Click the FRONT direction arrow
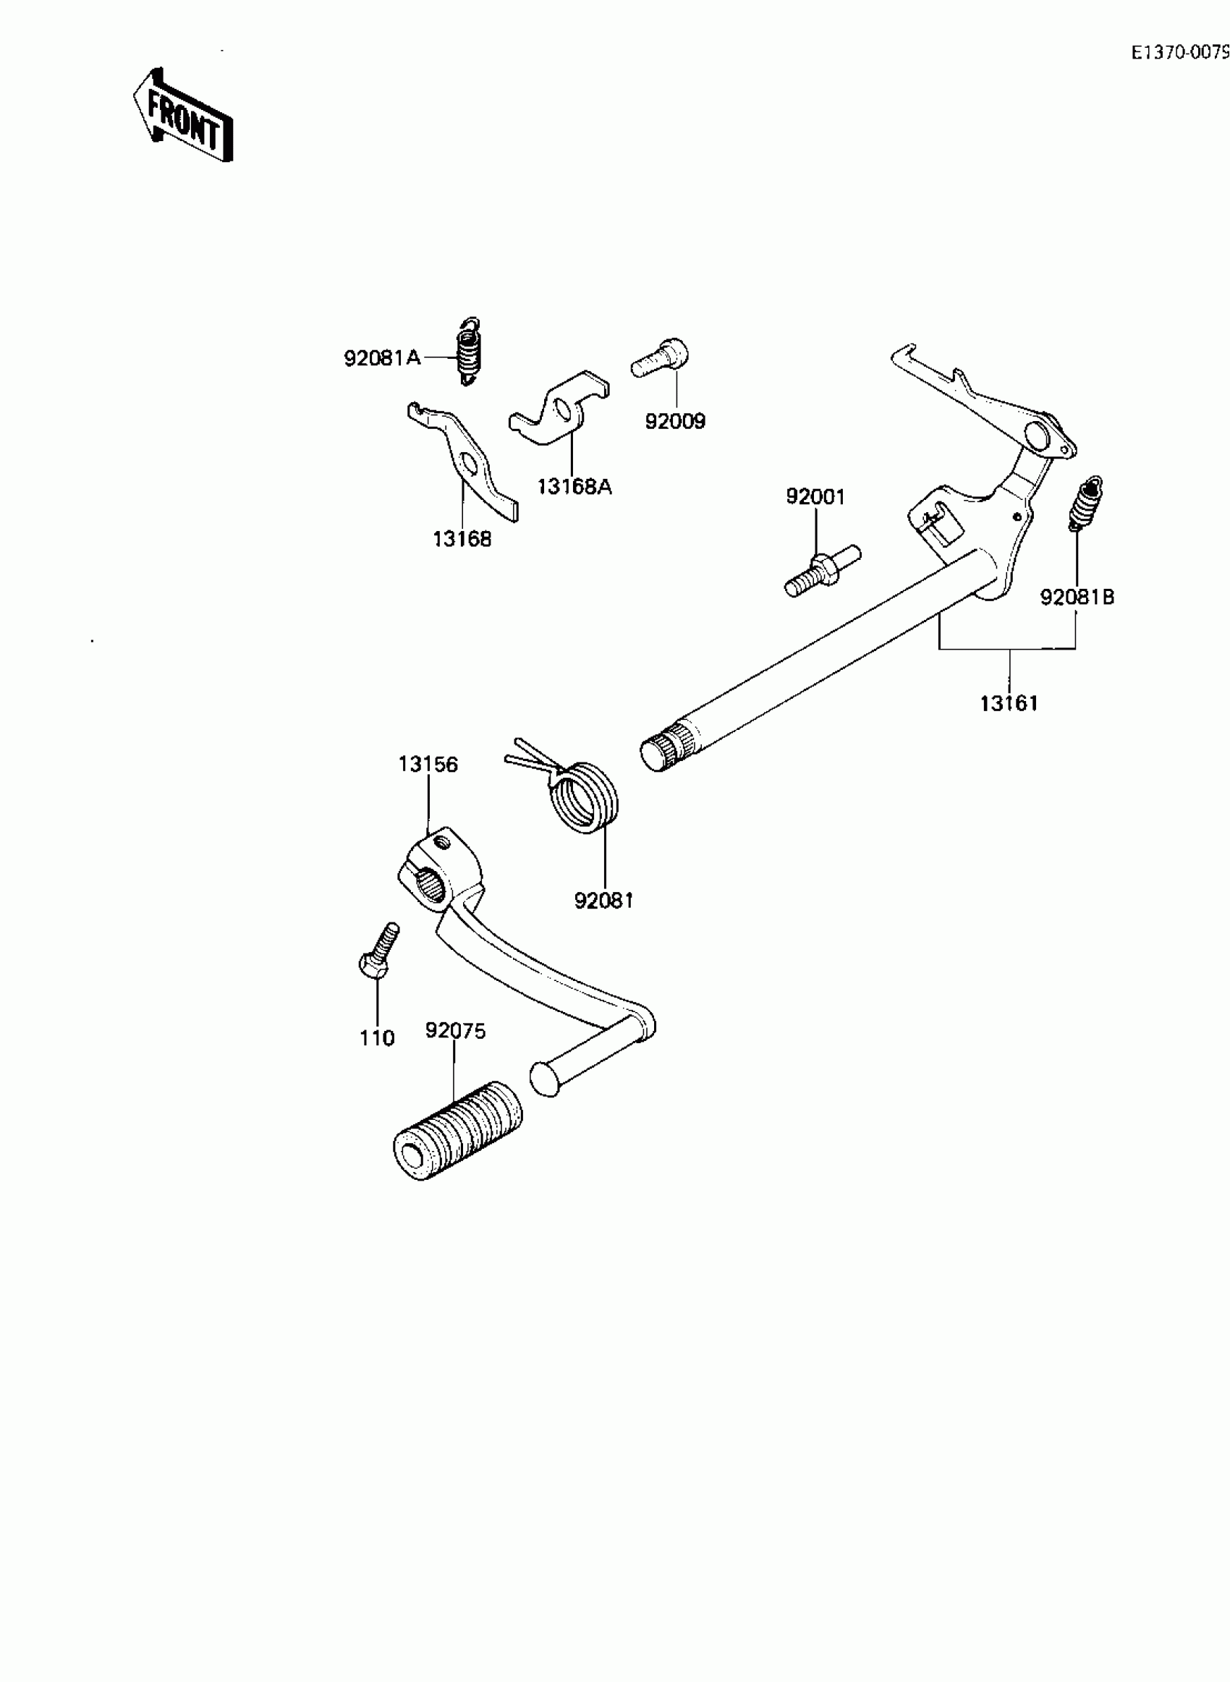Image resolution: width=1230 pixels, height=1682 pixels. [x=183, y=116]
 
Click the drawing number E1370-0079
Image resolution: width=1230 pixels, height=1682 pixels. [x=1179, y=52]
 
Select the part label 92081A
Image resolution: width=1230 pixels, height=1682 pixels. [x=382, y=358]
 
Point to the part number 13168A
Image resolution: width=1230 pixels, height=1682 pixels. [x=574, y=487]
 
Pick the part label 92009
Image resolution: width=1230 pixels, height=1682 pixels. [x=674, y=421]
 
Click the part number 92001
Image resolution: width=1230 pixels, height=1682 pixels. [x=815, y=496]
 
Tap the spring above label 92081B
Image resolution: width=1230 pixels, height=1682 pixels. [x=1085, y=503]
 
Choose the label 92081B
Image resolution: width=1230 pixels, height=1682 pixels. [x=1077, y=597]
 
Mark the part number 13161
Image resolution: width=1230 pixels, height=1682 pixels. [x=1009, y=702]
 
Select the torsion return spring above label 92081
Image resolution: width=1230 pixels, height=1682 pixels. [x=585, y=796]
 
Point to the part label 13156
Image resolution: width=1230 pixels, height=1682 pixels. [x=428, y=765]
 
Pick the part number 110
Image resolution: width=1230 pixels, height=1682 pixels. [x=377, y=1037]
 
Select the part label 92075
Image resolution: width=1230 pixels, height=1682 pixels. [x=455, y=1031]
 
